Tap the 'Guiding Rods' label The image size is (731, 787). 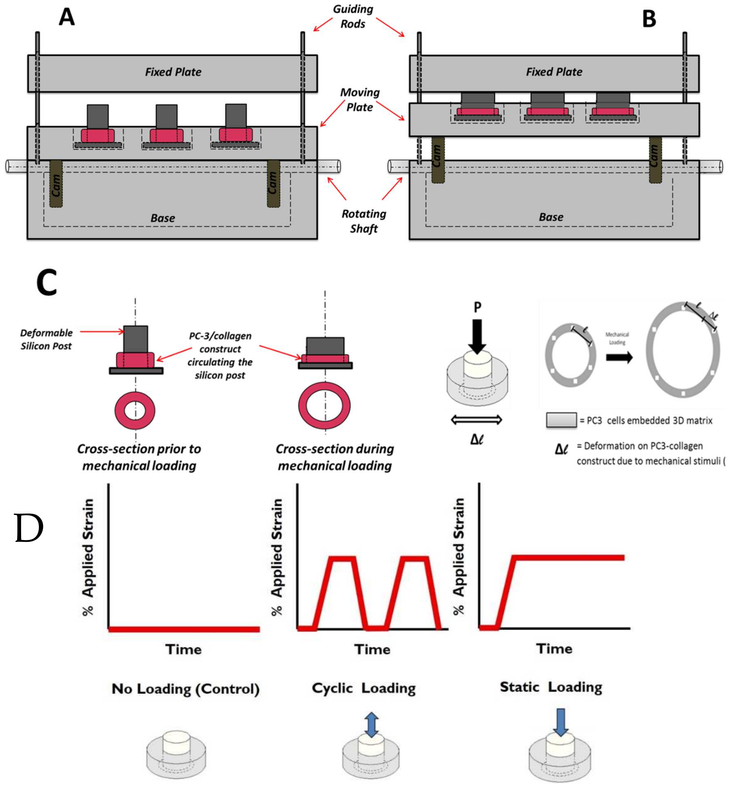point(353,17)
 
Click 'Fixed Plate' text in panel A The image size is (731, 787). point(173,72)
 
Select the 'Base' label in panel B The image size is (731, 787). point(551,217)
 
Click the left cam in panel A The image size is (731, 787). point(56,184)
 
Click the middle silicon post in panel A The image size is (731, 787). point(166,117)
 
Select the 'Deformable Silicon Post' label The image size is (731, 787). point(46,339)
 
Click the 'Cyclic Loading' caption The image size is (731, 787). point(364,688)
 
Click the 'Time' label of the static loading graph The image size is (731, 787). point(554,649)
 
